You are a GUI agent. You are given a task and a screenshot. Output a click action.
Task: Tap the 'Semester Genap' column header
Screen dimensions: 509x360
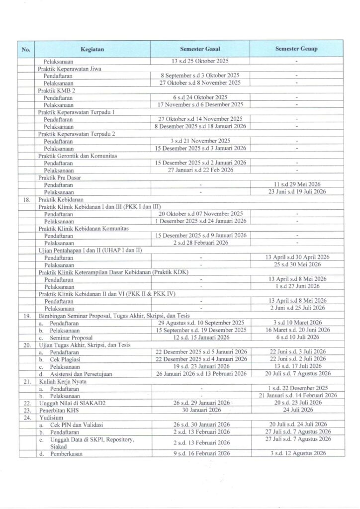click(x=297, y=50)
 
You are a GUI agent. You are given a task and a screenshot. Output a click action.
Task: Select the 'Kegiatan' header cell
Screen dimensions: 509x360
click(x=91, y=50)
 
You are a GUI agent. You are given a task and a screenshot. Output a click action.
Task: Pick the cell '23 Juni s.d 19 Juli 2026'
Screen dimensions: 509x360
click(x=297, y=191)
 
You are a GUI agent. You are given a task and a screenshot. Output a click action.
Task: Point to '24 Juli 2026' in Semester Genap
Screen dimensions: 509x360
click(x=297, y=410)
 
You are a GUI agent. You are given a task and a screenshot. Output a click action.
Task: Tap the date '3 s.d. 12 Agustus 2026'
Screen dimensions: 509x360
click(x=297, y=453)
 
